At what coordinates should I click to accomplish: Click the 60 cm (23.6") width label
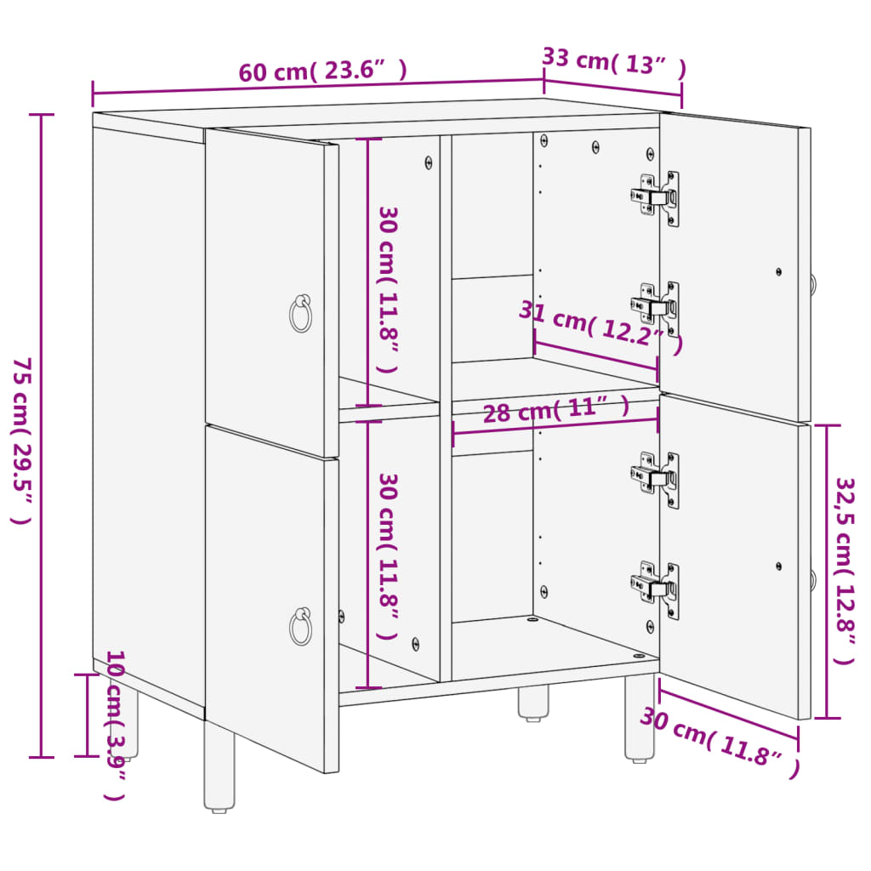tap(322, 71)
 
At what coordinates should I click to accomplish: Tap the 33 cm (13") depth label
tap(614, 63)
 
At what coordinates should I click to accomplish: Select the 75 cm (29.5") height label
tap(23, 440)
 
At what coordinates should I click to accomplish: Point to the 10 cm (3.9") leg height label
tap(116, 725)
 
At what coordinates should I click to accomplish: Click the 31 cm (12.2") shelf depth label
tap(601, 327)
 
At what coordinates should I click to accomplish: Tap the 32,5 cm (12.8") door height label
tap(845, 570)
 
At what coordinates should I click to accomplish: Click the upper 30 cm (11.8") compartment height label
tap(388, 289)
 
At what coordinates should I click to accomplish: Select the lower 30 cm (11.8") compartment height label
tap(388, 556)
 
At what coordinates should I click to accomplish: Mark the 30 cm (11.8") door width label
tap(720, 742)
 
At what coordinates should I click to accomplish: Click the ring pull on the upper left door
tap(300, 314)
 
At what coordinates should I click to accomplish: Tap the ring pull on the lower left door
tap(300, 627)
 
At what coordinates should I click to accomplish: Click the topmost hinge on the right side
tap(657, 198)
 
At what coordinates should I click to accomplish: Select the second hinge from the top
tap(657, 307)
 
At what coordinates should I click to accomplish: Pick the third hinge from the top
tap(657, 478)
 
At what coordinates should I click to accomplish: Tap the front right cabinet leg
tap(640, 716)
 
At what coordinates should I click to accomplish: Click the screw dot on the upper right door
tap(778, 271)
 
